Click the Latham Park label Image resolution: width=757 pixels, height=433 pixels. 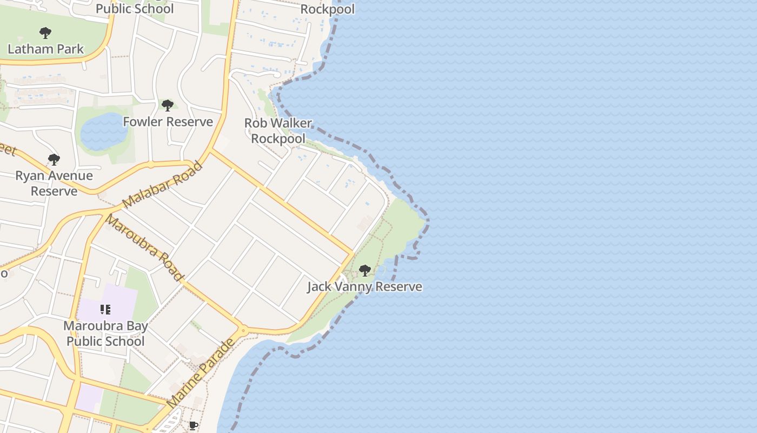pos(46,49)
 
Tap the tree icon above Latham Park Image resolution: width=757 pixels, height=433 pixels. pos(45,33)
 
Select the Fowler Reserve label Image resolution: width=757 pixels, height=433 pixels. pos(168,122)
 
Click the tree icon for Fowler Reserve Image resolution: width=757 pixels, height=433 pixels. pos(168,105)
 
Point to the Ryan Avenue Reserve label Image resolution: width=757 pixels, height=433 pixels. pos(54,183)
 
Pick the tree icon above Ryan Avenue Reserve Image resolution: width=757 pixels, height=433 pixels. pos(54,160)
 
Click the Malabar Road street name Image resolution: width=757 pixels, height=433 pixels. pos(162,185)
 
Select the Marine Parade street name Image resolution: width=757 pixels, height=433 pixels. pos(201,373)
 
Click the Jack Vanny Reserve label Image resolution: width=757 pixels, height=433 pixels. pos(364,286)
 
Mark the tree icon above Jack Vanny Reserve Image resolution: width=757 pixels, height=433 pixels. pos(365,270)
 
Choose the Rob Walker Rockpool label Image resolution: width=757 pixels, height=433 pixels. pos(278,131)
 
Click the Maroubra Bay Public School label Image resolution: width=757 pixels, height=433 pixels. pos(105,333)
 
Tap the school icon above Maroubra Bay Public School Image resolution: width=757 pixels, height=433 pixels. pos(105,310)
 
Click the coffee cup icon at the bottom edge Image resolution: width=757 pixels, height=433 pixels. pos(193,425)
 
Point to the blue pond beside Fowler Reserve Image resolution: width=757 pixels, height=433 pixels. pos(104,132)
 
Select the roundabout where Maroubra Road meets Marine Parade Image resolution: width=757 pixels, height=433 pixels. pos(243,330)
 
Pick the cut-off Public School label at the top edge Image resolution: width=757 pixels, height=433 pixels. pos(135,9)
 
